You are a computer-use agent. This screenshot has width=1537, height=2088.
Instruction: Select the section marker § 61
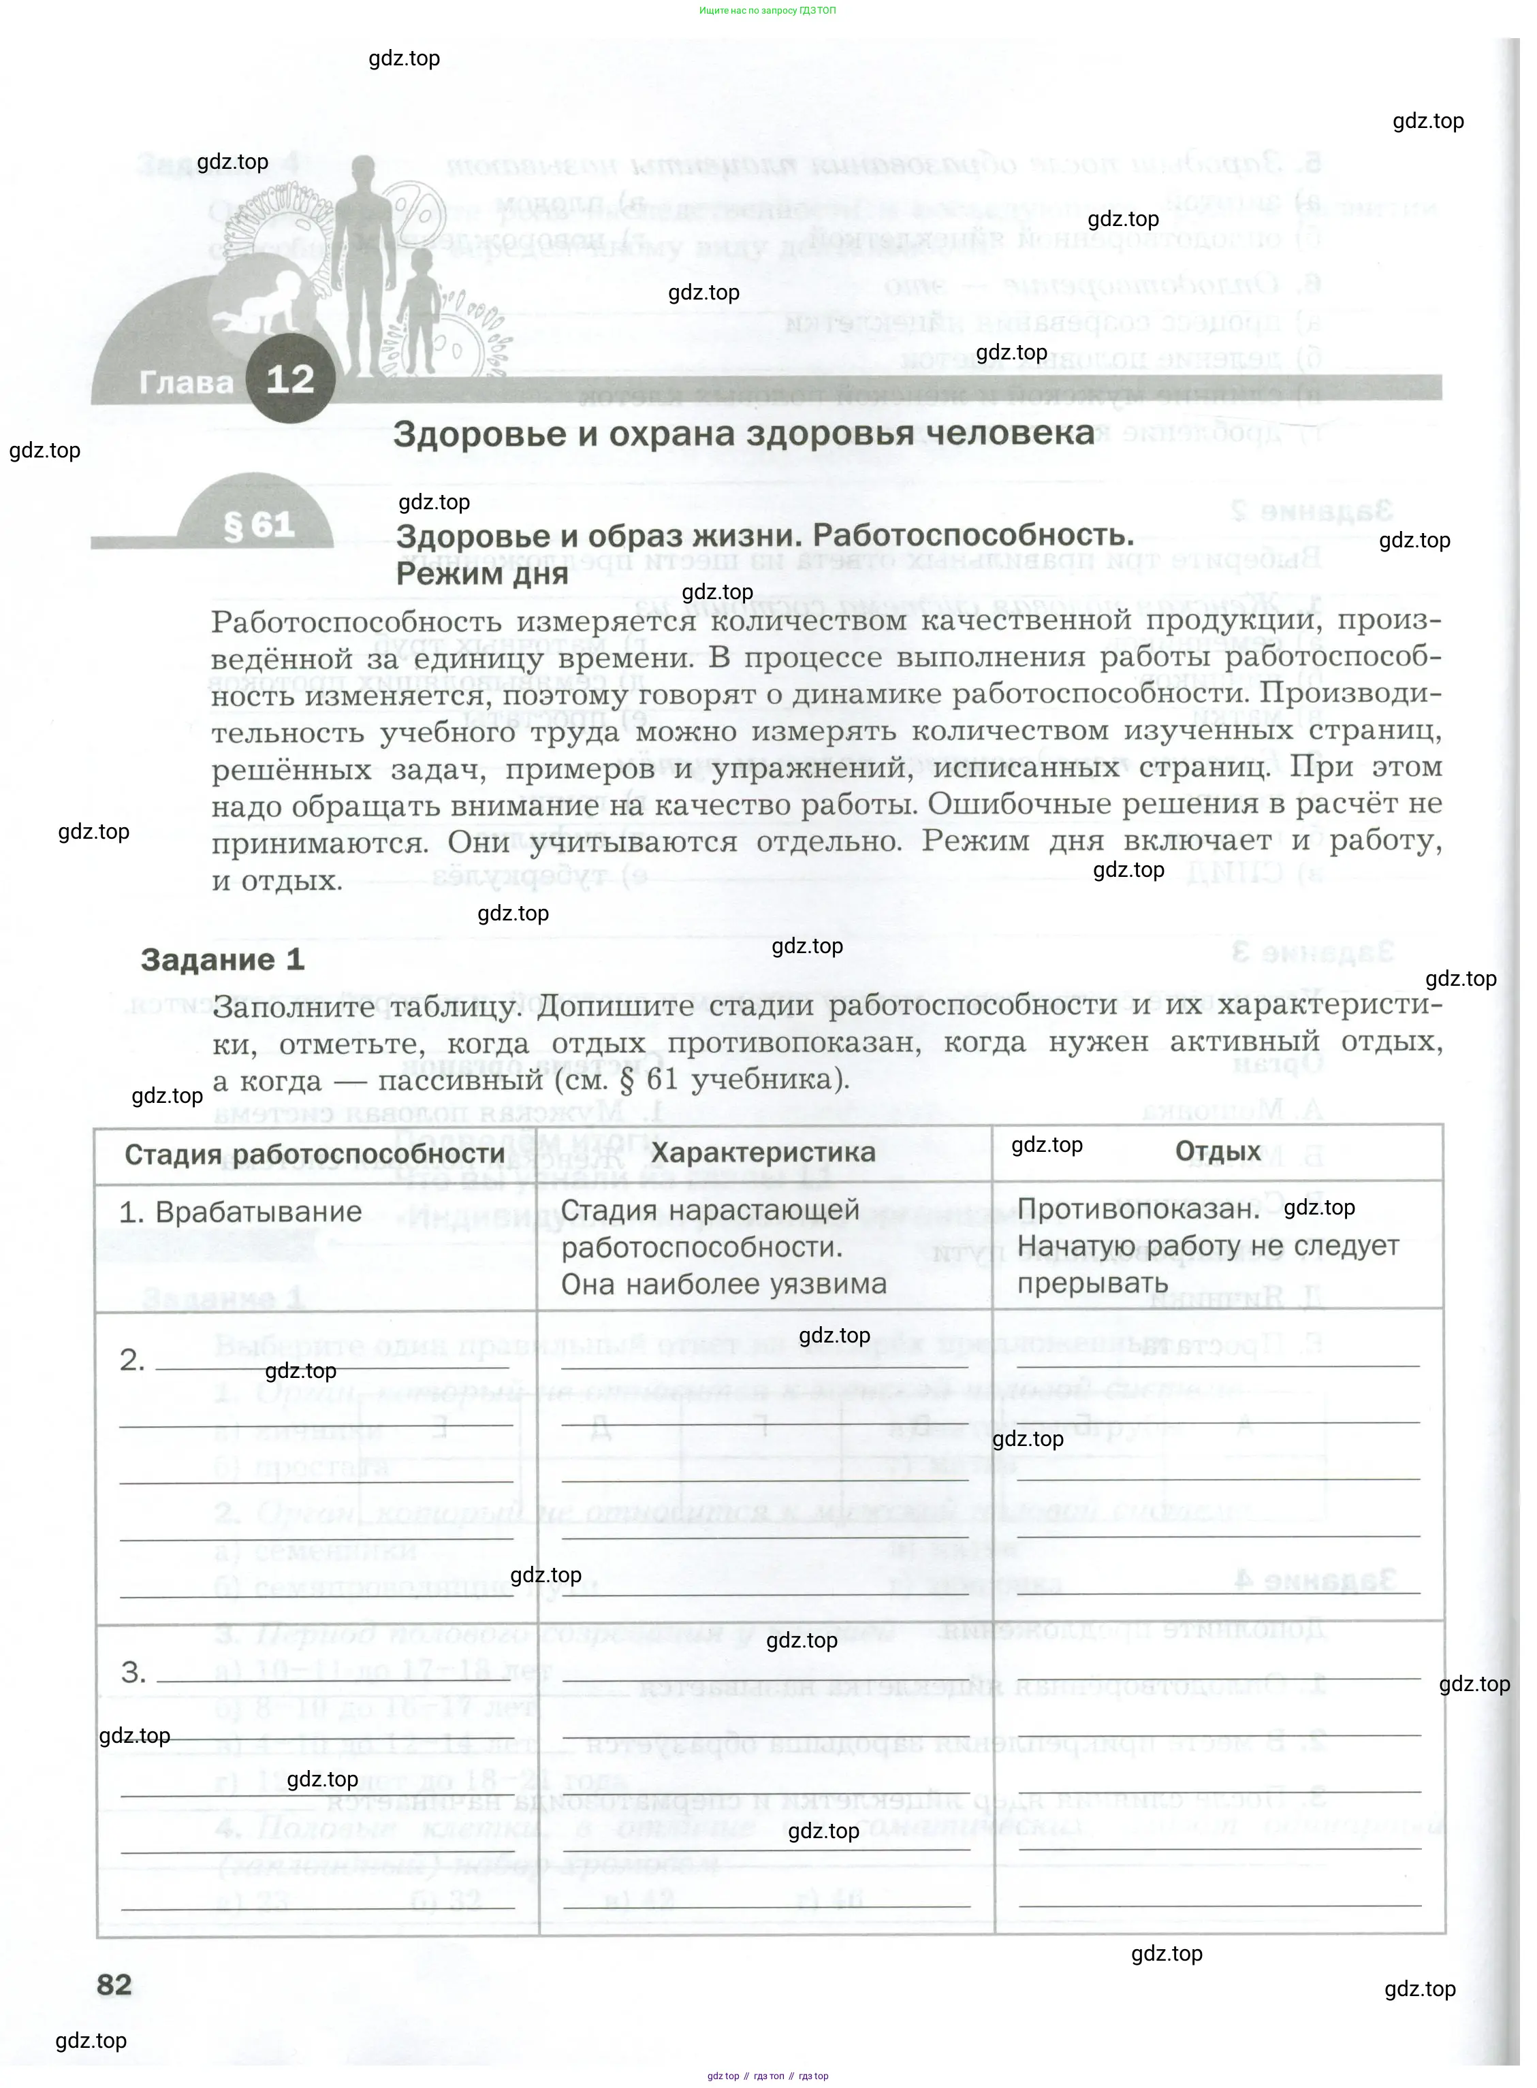[x=259, y=526]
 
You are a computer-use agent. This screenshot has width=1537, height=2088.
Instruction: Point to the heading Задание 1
[x=223, y=960]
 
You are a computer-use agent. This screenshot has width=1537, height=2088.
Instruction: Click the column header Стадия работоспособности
[x=315, y=1154]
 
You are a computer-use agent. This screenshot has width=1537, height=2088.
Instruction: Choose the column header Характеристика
[x=763, y=1153]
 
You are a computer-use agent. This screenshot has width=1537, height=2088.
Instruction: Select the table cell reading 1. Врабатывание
[x=240, y=1212]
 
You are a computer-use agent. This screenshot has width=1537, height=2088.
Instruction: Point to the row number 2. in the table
[x=132, y=1361]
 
